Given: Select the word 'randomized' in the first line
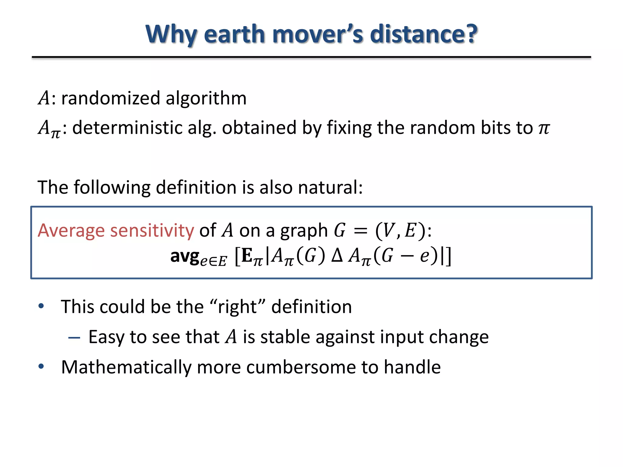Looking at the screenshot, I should [x=111, y=98].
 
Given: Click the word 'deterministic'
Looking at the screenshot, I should [x=127, y=127].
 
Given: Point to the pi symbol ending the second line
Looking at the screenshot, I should [x=544, y=128].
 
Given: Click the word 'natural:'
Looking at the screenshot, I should [x=330, y=187].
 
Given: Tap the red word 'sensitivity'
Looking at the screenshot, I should [x=152, y=230].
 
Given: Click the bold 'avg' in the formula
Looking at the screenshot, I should [x=184, y=256].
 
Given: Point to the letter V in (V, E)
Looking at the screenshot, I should [x=388, y=230].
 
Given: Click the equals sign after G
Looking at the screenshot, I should [x=360, y=231].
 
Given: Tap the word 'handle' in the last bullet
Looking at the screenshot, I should [x=412, y=367].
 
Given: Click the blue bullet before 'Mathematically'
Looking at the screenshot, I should [x=41, y=367].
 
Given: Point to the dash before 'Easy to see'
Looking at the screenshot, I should [x=74, y=337].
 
